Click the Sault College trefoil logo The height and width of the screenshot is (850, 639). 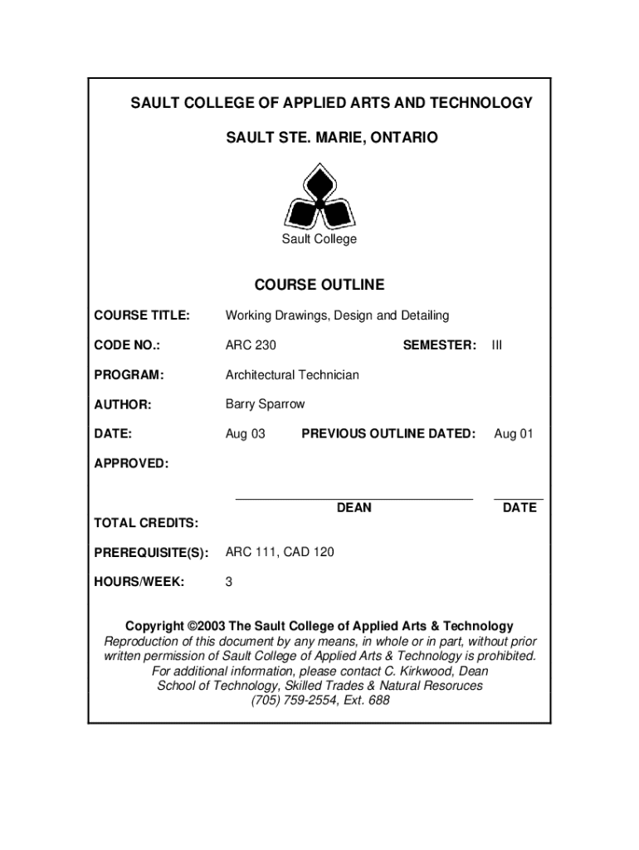(x=319, y=198)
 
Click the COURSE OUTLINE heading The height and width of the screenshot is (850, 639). (x=319, y=285)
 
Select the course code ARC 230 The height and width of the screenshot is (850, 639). (x=251, y=345)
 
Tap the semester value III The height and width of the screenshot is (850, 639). (x=497, y=345)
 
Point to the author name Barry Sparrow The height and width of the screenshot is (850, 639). (x=265, y=404)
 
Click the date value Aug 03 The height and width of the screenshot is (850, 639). (x=245, y=433)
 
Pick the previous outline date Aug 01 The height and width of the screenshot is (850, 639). (x=514, y=433)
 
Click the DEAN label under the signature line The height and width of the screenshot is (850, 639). (x=354, y=507)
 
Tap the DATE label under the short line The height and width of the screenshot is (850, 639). (x=519, y=507)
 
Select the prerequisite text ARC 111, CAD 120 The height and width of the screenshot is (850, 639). (x=280, y=552)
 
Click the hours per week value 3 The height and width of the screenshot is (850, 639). (x=229, y=582)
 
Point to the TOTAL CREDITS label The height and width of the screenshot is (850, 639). (x=146, y=523)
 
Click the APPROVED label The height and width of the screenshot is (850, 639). (x=131, y=463)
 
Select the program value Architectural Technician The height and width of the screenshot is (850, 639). (x=292, y=375)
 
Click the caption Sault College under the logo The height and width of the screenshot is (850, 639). (x=319, y=239)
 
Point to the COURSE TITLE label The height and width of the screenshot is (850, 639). (x=142, y=315)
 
